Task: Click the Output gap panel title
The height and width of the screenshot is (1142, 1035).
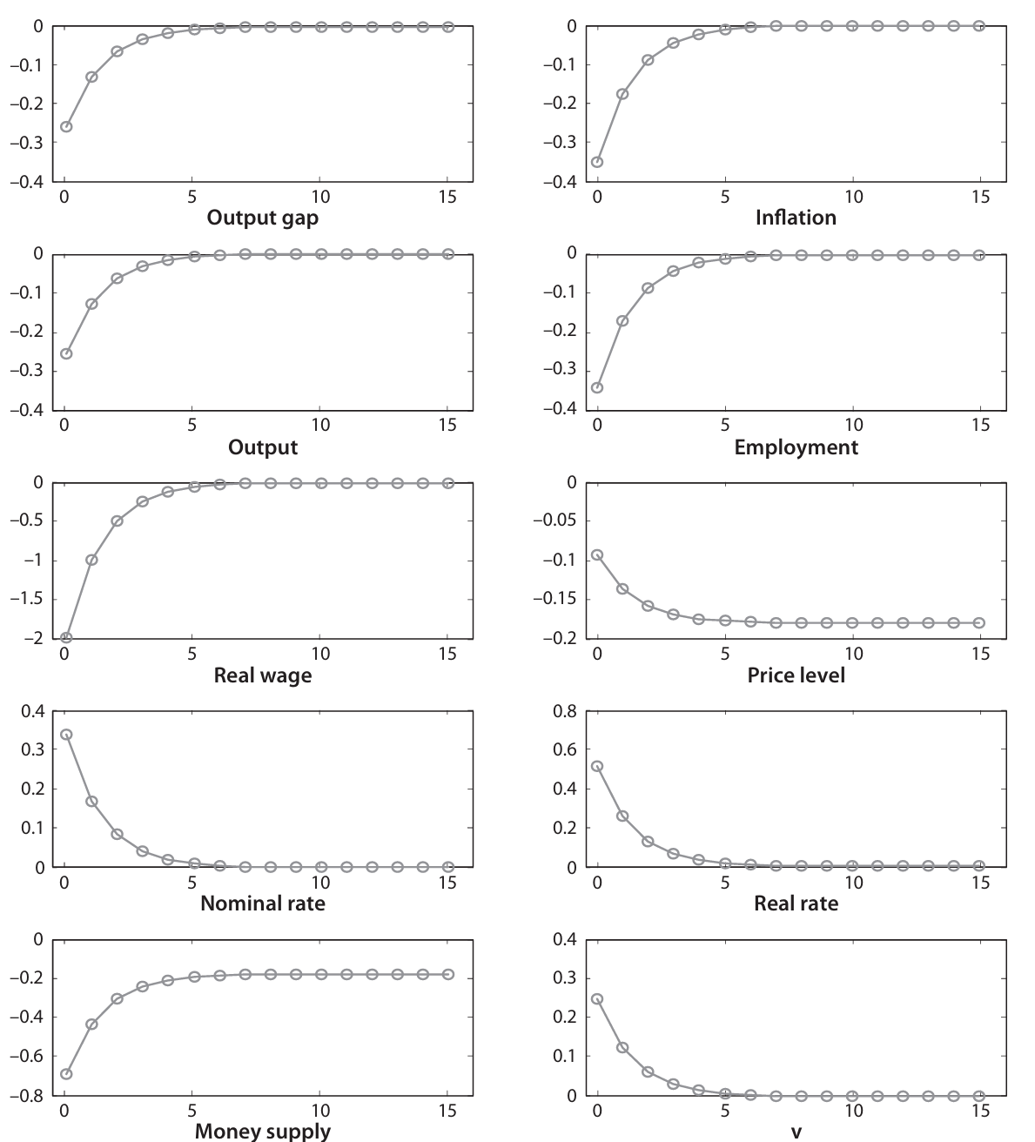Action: [263, 218]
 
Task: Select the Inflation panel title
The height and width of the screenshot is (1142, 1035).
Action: [796, 218]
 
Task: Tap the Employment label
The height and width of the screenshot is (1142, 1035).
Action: [796, 447]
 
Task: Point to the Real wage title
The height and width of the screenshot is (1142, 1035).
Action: [263, 675]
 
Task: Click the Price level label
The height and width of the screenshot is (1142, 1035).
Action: [796, 675]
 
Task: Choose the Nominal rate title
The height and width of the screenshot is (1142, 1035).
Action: [263, 904]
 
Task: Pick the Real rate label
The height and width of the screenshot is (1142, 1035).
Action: [796, 904]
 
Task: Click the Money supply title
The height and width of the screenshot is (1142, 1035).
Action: [263, 1132]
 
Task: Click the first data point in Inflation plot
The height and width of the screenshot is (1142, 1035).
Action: [597, 162]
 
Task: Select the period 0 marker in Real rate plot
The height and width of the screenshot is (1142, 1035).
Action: [597, 766]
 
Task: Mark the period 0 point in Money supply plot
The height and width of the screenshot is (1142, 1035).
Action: [66, 1074]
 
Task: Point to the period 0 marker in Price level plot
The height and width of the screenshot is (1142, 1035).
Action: [597, 554]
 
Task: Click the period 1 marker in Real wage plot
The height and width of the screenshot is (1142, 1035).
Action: [91, 560]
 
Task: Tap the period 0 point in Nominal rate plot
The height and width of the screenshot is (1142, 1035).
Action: [66, 734]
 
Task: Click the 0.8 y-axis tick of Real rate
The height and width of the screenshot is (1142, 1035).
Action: [564, 711]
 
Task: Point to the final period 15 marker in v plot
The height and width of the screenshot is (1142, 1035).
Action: [979, 1095]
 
